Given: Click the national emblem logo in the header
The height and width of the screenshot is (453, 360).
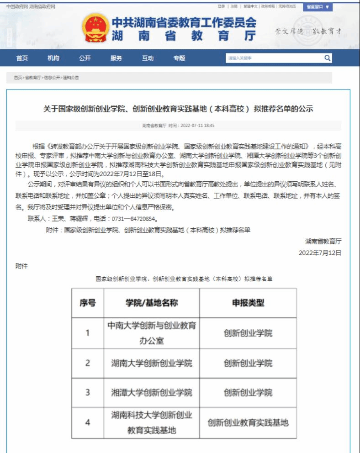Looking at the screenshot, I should coord(95,29).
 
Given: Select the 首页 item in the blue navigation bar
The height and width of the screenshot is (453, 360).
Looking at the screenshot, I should coord(22,58).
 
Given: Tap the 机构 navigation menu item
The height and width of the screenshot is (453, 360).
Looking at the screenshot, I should coord(53,58).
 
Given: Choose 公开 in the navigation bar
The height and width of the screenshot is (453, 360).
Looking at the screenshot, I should coord(85,58).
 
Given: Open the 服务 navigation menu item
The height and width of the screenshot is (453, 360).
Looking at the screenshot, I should coord(116,58).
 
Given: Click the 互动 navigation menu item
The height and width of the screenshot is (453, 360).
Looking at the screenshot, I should coord(148,58).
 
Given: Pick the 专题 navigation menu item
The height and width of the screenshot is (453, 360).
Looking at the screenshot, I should coord(179,58).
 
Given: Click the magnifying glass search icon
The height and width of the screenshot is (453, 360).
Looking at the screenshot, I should coord(327,58).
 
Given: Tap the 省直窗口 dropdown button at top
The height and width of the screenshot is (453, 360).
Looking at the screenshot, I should coord(317,7).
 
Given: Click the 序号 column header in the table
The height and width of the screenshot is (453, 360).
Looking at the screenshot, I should coord(87,303).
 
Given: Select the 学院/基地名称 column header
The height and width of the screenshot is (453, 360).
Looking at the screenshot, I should coord(151,303).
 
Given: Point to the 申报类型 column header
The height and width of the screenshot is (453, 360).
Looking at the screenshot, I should coord(248,303).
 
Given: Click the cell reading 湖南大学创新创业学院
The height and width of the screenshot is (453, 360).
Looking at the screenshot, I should coord(151,363).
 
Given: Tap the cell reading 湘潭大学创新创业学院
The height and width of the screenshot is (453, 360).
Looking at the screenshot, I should coord(151,392).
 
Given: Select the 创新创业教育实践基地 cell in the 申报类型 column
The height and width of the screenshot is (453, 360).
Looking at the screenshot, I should coord(248,422).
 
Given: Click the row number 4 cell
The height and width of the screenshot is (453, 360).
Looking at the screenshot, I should coord(87,422).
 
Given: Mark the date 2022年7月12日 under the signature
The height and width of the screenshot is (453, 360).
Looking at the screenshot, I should coord(320,253).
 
